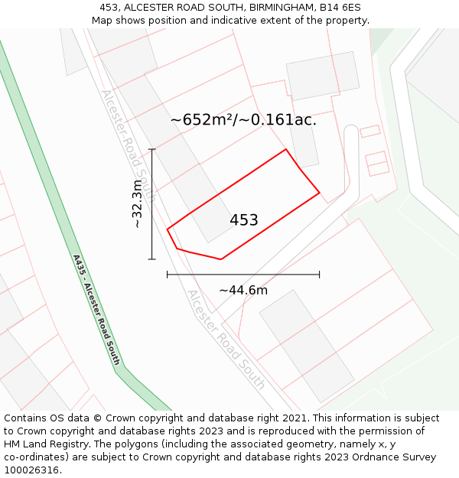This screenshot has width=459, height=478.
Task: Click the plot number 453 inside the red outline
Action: click(x=244, y=220)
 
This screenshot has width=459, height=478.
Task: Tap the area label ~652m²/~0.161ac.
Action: click(x=243, y=120)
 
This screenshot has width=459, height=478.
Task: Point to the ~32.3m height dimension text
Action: click(x=138, y=204)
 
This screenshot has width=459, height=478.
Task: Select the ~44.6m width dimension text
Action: click(x=243, y=290)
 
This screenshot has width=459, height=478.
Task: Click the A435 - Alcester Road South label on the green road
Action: click(x=97, y=309)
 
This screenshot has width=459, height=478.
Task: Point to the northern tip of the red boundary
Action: click(x=286, y=149)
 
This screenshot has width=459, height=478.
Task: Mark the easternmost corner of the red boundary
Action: click(x=319, y=193)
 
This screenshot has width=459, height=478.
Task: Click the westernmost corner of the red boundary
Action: click(x=168, y=228)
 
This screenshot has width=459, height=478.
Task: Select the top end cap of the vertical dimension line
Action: click(x=152, y=149)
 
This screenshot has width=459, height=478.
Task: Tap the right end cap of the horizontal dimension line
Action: click(x=320, y=274)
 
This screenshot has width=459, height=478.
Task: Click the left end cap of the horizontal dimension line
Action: click(x=168, y=274)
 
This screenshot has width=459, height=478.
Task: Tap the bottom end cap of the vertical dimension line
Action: click(x=152, y=259)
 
